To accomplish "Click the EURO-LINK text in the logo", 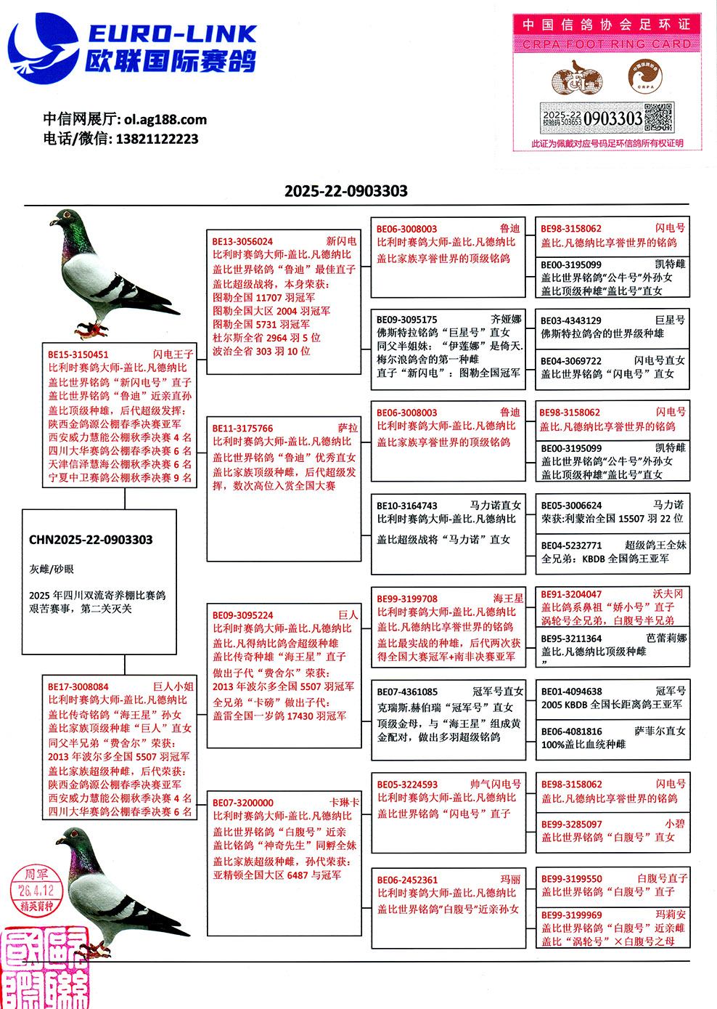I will click(172, 33).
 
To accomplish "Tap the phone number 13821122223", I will click(157, 139).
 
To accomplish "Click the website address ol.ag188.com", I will click(165, 119).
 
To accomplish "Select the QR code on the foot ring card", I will click(659, 117).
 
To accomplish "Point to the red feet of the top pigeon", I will click(93, 331).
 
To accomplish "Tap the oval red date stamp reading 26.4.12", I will click(37, 890).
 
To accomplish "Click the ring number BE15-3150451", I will click(78, 354).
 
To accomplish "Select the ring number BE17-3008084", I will click(78, 686).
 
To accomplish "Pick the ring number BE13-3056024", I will click(242, 241).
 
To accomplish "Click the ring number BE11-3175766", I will click(242, 429).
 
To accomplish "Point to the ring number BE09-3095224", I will click(243, 615).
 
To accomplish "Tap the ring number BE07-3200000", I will click(243, 803).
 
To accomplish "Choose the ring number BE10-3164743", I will click(407, 506).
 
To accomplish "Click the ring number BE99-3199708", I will click(407, 599).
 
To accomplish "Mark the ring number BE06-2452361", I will click(407, 880).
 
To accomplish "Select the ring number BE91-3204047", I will click(571, 593).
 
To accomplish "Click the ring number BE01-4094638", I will click(571, 691).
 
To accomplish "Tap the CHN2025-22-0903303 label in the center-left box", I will click(91, 540).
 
